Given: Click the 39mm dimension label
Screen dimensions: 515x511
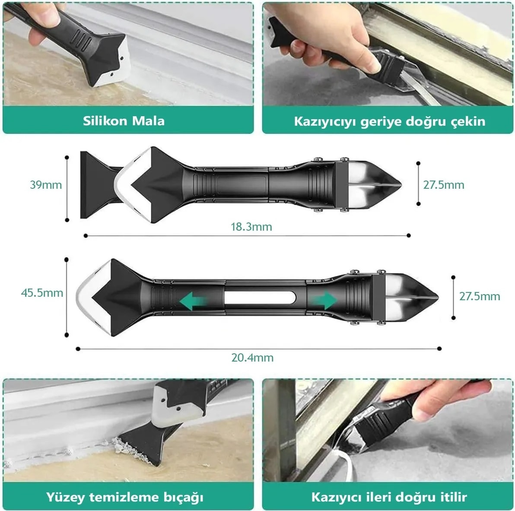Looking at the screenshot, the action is pos(46,185).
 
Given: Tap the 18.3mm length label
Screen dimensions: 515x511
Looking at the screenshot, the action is pos(251,227).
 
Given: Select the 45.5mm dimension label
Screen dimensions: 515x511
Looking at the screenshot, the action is pos(42,293).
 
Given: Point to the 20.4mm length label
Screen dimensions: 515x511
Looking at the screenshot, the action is pos(252,358).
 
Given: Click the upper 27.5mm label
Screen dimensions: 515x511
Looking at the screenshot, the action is pos(444,185).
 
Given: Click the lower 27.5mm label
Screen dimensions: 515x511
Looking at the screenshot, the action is pos(480,296).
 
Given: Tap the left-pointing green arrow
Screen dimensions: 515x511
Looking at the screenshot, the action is pos(194,302).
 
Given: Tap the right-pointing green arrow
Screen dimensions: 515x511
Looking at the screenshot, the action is pos(323,300).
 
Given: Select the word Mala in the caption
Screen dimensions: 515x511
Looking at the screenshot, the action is pos(149,121).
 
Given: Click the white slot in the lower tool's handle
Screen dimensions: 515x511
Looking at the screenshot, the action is pos(260,298).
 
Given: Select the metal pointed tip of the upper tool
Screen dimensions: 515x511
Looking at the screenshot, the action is pos(375,185).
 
